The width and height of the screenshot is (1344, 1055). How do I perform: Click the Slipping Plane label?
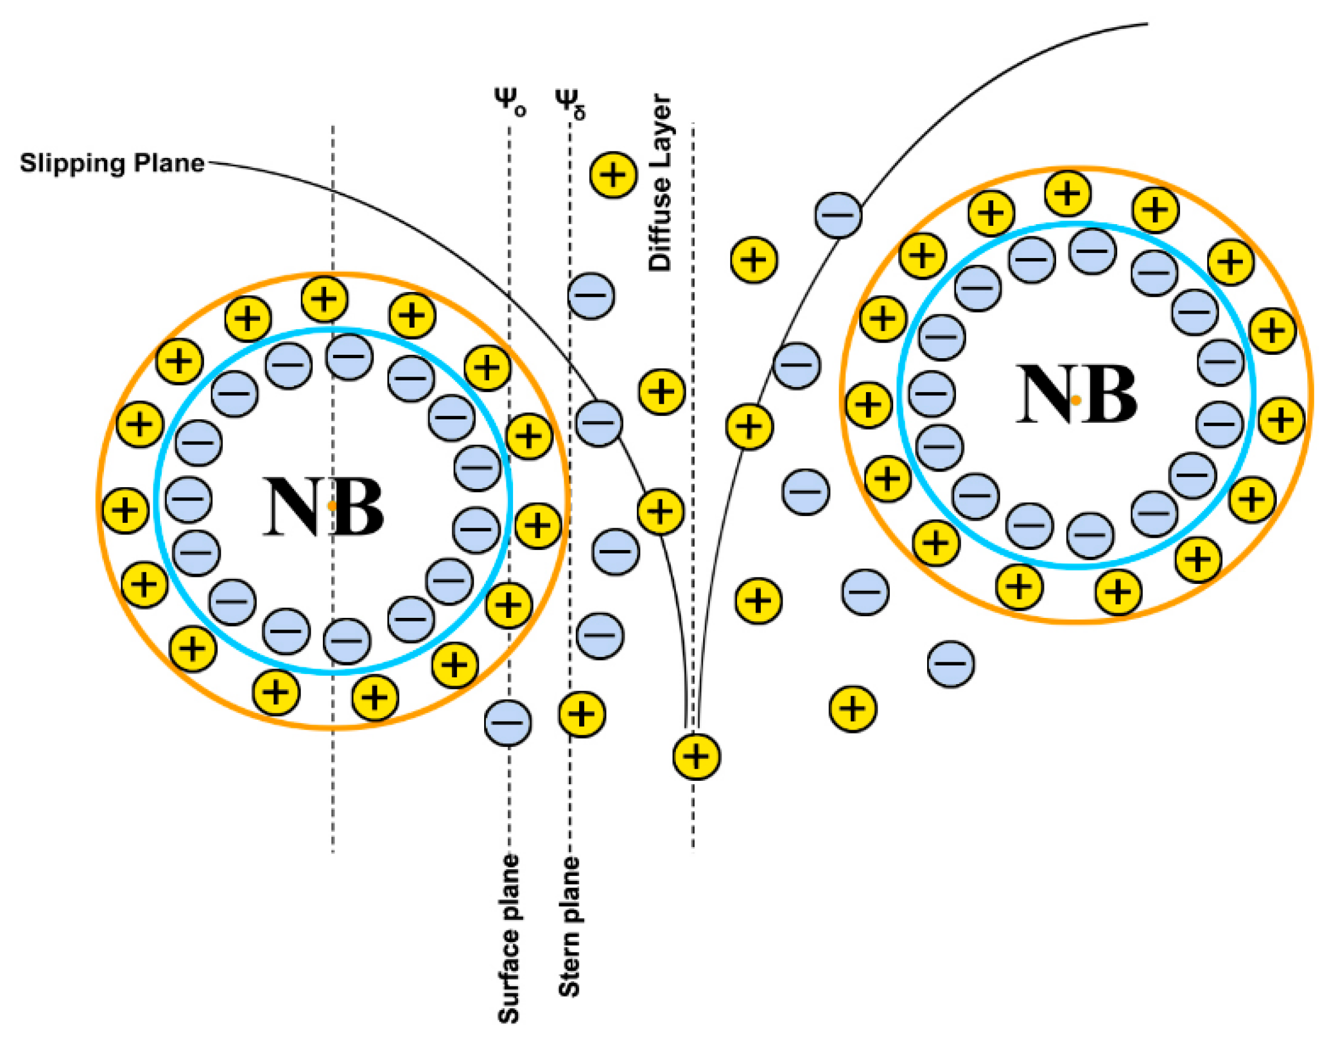coord(112,163)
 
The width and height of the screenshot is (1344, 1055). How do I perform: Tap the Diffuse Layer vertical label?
coord(660,183)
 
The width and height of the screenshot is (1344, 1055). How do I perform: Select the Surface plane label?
coord(509,939)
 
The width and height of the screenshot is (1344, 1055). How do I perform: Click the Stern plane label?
coord(569,927)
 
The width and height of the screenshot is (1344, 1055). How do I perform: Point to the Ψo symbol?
coord(509,102)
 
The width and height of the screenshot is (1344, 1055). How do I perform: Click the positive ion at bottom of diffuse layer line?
coord(696,756)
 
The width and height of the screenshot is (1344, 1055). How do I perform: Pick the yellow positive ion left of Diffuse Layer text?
coord(613,175)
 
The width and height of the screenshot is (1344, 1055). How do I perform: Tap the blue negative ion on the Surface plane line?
coord(507,722)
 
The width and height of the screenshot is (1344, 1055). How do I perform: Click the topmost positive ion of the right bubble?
coord(1067,194)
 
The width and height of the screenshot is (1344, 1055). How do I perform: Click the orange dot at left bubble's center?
coord(332,506)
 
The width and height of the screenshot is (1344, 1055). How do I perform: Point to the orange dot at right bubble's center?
coord(1076,400)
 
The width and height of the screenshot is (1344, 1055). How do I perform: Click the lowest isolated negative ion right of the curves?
coord(950,663)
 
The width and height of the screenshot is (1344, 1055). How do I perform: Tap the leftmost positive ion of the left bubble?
coord(125,510)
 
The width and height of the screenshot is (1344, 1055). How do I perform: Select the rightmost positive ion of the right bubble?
coord(1281,420)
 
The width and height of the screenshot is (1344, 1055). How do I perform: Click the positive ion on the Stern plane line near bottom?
coord(581,714)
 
